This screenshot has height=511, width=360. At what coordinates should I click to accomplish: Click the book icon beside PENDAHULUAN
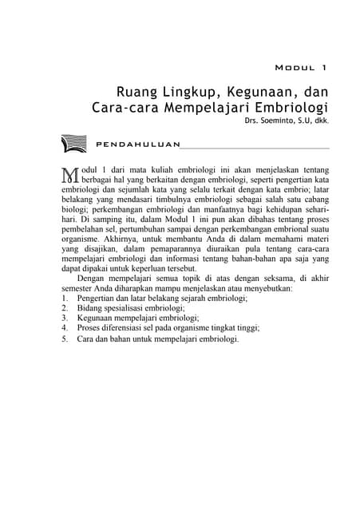(x=73, y=145)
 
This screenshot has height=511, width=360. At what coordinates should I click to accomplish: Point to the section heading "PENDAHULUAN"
(x=136, y=145)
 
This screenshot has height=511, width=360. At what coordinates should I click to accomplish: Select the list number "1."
(x=65, y=298)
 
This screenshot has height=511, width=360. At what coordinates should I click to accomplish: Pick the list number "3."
(x=65, y=318)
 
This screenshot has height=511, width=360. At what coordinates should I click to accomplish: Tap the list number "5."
(x=65, y=339)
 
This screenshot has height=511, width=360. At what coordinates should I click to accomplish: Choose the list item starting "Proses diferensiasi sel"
(x=168, y=328)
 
